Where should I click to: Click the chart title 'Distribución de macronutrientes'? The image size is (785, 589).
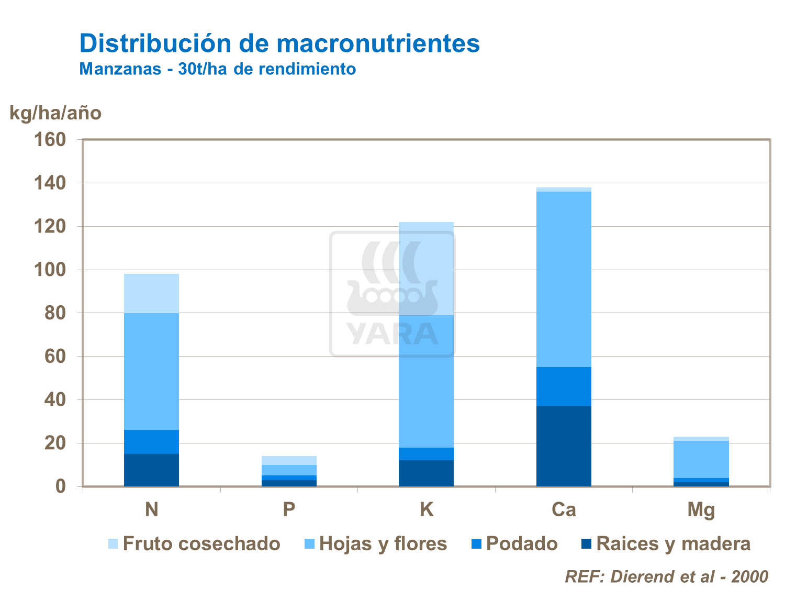tap(279, 43)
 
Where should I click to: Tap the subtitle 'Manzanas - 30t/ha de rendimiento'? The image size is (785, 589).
tap(218, 69)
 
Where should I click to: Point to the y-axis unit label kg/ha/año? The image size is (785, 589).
tap(55, 113)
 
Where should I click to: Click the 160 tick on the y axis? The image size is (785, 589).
tap(50, 140)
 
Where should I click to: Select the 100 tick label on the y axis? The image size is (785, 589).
tap(50, 270)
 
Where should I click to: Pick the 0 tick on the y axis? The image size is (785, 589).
tap(61, 486)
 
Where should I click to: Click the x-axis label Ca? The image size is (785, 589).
tap(564, 509)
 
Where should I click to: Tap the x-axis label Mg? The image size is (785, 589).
tap(701, 509)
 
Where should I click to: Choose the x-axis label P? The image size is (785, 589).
tap(289, 509)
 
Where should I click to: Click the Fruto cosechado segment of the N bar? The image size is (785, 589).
tap(151, 293)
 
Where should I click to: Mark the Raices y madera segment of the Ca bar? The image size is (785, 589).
tap(564, 446)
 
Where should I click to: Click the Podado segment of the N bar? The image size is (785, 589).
tap(151, 442)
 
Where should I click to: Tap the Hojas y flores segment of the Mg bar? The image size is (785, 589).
tap(701, 459)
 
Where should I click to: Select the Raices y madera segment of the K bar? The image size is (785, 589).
tap(426, 473)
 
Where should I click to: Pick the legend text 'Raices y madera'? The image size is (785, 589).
tap(673, 544)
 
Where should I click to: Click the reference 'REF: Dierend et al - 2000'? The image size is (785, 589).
tap(666, 576)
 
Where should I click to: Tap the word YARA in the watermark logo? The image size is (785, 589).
tap(392, 334)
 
